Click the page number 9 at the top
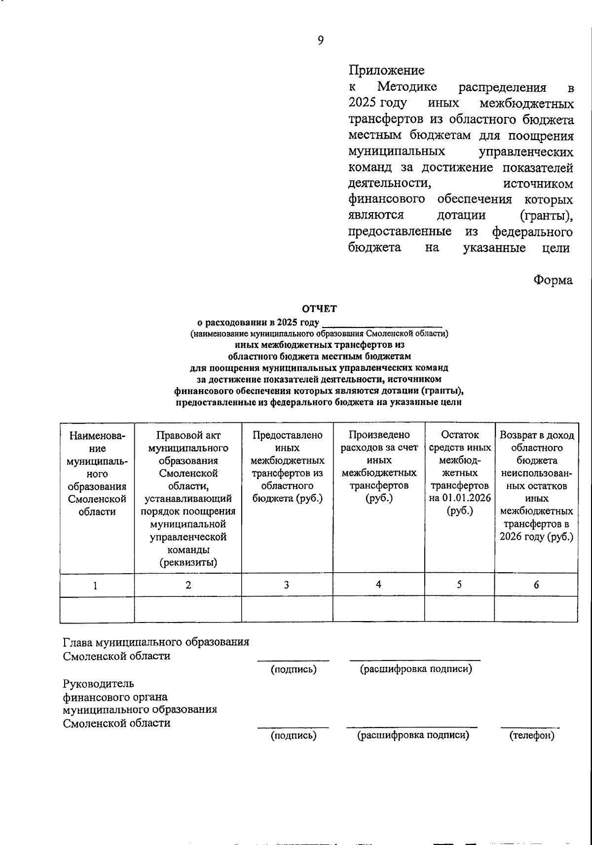coord(321,40)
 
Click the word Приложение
coord(386,71)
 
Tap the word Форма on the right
coord(553,281)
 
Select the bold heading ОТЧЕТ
coord(319,309)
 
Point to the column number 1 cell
coord(96,586)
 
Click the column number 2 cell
coord(188,585)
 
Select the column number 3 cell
coord(286,585)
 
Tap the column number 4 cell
coord(378,585)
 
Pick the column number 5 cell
coord(459,585)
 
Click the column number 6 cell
coord(536,585)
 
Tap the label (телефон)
coord(532,736)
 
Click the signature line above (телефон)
coord(530,727)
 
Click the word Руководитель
coord(99,684)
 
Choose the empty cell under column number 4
coord(378,609)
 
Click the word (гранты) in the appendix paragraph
coord(546,216)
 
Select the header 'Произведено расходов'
coord(378,441)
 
